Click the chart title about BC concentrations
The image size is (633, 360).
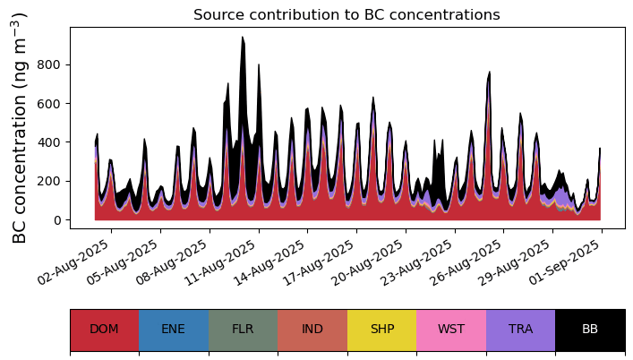tap(346, 14)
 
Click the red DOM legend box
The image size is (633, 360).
tap(104, 330)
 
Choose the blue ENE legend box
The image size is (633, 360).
tap(174, 330)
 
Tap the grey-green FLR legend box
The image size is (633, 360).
tap(243, 330)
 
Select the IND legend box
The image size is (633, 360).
tap(312, 330)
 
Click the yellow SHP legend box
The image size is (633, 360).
tap(381, 330)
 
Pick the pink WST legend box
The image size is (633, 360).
tap(451, 330)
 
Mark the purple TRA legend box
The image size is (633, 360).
tap(520, 330)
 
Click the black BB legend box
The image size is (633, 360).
tap(590, 330)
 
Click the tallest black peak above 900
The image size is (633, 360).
tap(242, 39)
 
